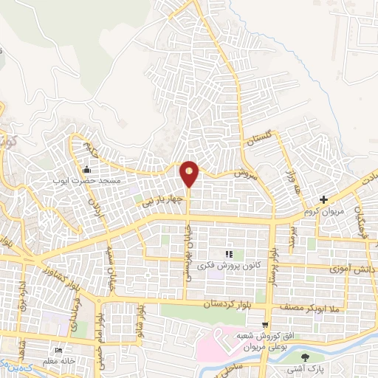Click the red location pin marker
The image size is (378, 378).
pyautogui.click(x=190, y=173)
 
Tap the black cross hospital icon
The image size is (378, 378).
pyautogui.click(x=323, y=199)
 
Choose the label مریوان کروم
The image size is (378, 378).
pyautogui.click(x=322, y=211)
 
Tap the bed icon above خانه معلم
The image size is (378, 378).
pyautogui.click(x=59, y=350)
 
